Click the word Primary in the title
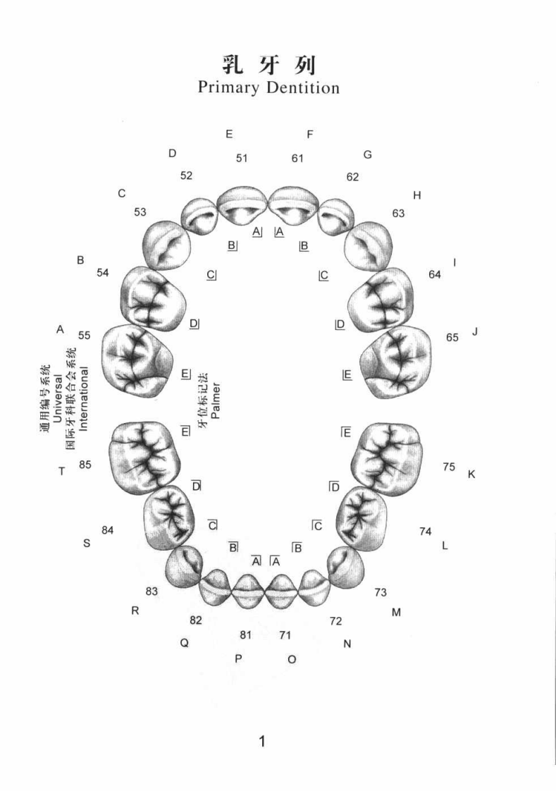tap(228, 88)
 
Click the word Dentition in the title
tap(303, 87)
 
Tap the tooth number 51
tap(242, 159)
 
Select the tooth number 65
tap(452, 338)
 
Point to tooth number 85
tap(85, 465)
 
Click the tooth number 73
tap(381, 592)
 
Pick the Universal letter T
tap(61, 471)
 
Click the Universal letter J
tap(475, 332)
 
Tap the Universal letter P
tap(238, 659)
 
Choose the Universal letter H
tap(417, 196)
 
